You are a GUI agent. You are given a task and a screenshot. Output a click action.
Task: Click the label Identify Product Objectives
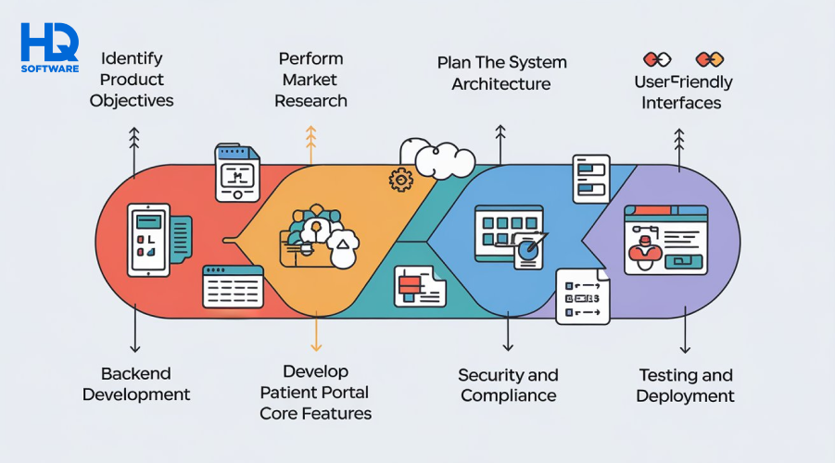(x=132, y=79)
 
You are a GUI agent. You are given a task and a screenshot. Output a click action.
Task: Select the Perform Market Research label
(x=311, y=79)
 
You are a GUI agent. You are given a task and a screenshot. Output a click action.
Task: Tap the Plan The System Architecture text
(x=501, y=73)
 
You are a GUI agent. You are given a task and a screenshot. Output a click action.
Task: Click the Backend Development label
(x=136, y=383)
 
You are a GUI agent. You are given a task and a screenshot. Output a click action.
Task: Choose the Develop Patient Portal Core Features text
(x=316, y=392)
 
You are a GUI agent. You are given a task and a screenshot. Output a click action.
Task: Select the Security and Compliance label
(x=508, y=385)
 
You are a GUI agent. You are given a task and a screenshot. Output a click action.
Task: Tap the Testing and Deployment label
(x=685, y=385)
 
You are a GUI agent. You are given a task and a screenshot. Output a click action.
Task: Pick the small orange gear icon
(x=401, y=179)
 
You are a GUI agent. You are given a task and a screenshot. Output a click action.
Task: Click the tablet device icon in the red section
(x=149, y=239)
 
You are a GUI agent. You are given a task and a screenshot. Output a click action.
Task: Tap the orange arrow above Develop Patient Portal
(x=316, y=334)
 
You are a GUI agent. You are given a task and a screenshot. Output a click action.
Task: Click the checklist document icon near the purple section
(x=583, y=296)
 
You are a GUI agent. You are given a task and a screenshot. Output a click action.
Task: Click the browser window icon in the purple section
(x=665, y=239)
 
